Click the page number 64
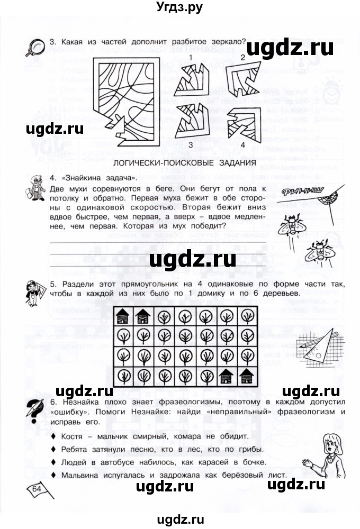37,488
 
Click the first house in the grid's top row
122,317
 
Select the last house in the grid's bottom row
247,376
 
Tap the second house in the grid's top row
143,317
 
